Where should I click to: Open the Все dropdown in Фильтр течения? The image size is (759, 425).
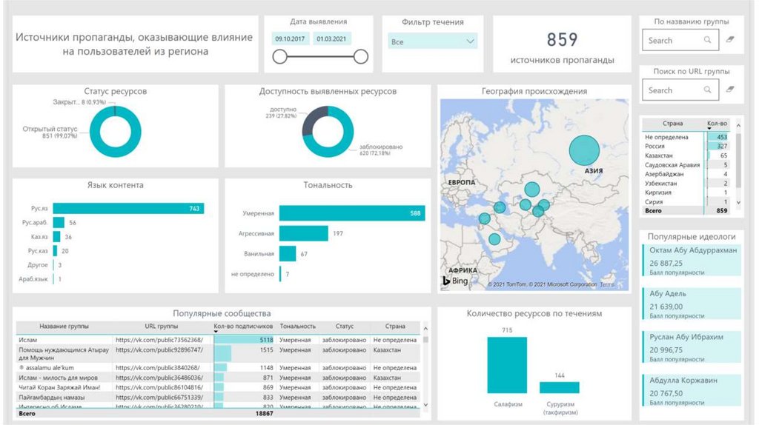[x=433, y=41]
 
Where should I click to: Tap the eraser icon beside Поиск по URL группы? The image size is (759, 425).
[x=730, y=90]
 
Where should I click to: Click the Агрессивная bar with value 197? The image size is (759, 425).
[x=303, y=233]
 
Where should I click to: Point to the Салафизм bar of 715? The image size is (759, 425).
[x=507, y=365]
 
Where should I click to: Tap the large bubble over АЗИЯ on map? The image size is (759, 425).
[x=584, y=150]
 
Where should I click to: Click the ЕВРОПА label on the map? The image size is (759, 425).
[x=461, y=181]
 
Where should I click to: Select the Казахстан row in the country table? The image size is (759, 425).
[x=667, y=155]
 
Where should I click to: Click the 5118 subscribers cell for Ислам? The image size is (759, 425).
[x=244, y=339]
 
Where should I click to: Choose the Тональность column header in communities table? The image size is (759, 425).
[x=297, y=326]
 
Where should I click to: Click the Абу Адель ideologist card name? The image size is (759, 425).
[x=668, y=294]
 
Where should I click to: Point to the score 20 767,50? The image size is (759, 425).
[x=666, y=393]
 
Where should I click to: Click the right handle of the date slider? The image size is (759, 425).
[x=361, y=56]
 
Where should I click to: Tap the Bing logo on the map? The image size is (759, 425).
[x=456, y=281]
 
